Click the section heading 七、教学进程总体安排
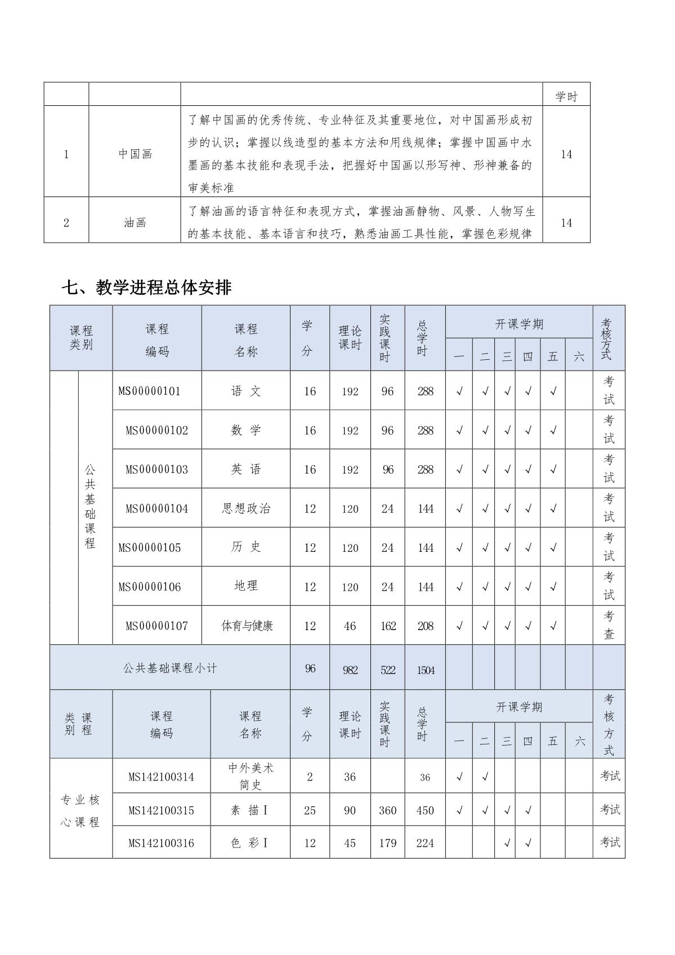[146, 288]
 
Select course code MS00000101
[149, 391]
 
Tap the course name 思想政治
[246, 508]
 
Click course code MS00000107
[157, 626]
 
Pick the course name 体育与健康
[247, 626]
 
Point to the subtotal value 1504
[426, 670]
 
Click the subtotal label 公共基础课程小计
[169, 668]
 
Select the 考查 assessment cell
[609, 626]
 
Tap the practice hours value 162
[387, 626]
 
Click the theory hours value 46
[350, 626]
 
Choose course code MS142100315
[161, 810]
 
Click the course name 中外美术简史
[250, 776]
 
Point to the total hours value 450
[425, 810]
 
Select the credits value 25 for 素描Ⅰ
[310, 810]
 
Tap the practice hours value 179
[387, 843]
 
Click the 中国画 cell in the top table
[135, 154]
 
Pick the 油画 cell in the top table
[135, 222]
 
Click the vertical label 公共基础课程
[90, 507]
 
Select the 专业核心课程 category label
[81, 810]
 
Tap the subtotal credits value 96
[310, 668]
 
